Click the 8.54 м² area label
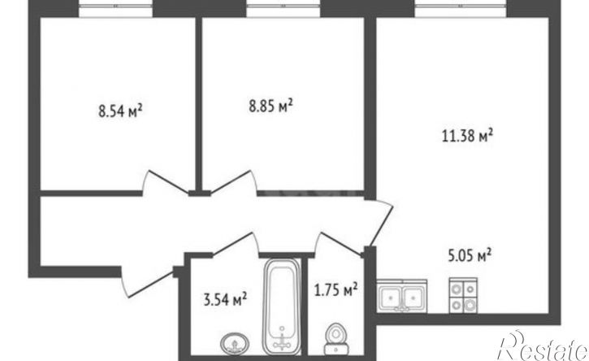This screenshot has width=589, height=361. pos(120,111)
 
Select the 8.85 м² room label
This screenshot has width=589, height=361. pos(271,106)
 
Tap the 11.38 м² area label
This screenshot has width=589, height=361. pos(468,135)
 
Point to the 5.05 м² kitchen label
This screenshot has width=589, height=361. pos(470,255)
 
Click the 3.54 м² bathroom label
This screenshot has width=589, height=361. pos(225,299)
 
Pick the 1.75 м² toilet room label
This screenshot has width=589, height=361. pos(336,289)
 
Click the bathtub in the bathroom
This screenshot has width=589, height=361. pos(282,307)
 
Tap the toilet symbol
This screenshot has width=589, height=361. pos(336,339)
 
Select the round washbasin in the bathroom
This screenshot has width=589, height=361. pos(235,343)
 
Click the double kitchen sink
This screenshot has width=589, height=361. pos(402,296)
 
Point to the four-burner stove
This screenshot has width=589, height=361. pos(463,295)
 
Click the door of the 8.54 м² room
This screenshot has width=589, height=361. pos(165,182)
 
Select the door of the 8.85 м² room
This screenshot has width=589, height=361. pos(234,182)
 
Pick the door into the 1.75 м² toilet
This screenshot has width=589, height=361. pos(339,245)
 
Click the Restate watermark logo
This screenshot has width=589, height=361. pos(543,346)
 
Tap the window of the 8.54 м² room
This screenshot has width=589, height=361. pos(115,8)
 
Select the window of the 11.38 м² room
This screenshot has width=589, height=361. pos(463,8)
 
